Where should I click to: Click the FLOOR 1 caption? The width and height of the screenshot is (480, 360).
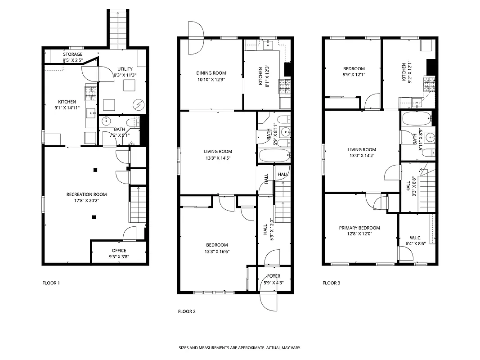pyautogui.click(x=51, y=283)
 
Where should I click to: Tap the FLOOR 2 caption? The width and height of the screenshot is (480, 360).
pyautogui.click(x=187, y=311)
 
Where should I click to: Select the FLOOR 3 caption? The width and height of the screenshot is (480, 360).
pyautogui.click(x=332, y=283)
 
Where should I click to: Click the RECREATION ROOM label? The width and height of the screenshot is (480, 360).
pyautogui.click(x=86, y=194)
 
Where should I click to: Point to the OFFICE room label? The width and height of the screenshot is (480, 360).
pyautogui.click(x=119, y=251)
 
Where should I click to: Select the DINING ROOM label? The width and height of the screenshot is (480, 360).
pyautogui.click(x=211, y=73)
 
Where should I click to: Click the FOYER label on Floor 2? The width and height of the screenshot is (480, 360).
pyautogui.click(x=274, y=276)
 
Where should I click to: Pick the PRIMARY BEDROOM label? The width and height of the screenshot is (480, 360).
pyautogui.click(x=359, y=228)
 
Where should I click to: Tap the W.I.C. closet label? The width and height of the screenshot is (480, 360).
pyautogui.click(x=415, y=238)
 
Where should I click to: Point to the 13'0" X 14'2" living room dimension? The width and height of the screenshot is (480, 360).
pyautogui.click(x=362, y=156)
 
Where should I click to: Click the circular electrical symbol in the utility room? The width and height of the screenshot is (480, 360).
pyautogui.click(x=138, y=105)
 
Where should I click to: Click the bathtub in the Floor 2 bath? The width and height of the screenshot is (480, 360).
pyautogui.click(x=274, y=156)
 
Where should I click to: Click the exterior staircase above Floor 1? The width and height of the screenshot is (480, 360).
pyautogui.click(x=117, y=28)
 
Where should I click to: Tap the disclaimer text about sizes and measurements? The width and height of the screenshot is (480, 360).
pyautogui.click(x=240, y=348)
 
